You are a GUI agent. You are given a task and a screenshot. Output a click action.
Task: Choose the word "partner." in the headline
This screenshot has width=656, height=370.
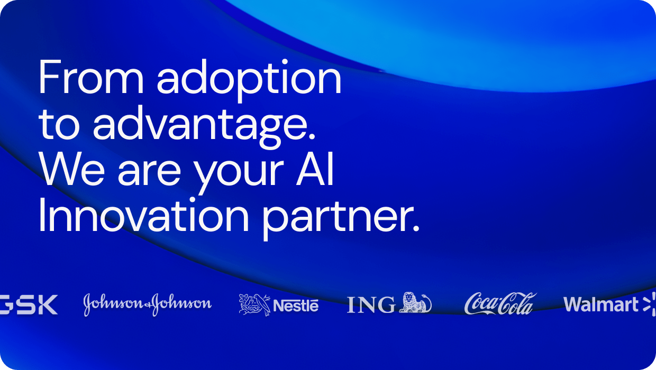(x=342, y=218)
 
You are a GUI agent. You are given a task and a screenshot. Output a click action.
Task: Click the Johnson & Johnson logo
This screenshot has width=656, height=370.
(x=147, y=304)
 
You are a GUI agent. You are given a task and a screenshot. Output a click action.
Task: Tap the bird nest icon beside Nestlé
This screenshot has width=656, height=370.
(x=254, y=304)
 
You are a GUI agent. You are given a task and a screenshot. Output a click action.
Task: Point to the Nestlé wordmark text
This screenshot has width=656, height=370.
(x=296, y=306)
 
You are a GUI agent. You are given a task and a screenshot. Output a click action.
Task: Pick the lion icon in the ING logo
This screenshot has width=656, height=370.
(x=415, y=303)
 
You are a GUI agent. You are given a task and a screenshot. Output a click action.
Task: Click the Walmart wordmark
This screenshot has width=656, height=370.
(x=601, y=304)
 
